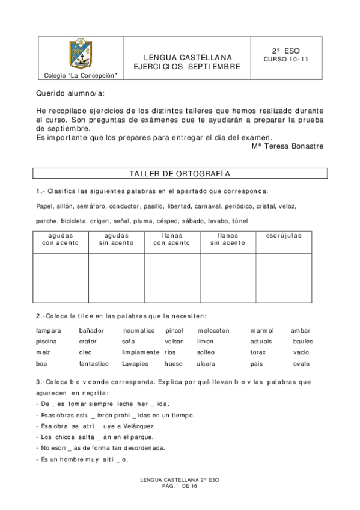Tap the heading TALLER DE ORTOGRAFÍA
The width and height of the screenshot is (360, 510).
coord(180,173)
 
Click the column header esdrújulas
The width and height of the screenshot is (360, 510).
coord(284,235)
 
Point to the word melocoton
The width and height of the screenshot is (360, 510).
coord(213,330)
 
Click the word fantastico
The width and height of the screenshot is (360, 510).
coord(94,363)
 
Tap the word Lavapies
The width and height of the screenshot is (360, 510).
coord(135,363)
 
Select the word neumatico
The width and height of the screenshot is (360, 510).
coord(139,330)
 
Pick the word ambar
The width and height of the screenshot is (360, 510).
coord(300,330)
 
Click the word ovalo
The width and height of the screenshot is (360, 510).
coord(302,363)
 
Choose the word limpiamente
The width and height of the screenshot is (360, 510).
coord(141,352)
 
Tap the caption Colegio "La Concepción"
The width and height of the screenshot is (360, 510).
coord(81,76)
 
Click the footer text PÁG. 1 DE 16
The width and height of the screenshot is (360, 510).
coord(180,485)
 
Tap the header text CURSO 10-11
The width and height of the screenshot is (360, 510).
coord(285,60)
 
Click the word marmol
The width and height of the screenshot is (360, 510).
coord(262,330)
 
